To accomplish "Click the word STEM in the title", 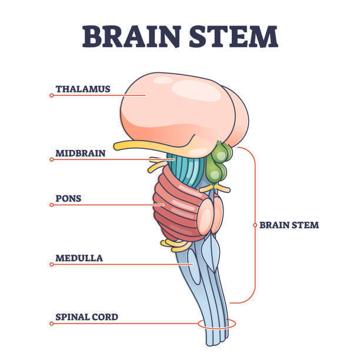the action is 234,36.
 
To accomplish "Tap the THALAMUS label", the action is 83,89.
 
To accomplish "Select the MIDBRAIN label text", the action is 81,153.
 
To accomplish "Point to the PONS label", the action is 68,198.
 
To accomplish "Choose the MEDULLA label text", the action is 79,258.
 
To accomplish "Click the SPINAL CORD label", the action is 87,317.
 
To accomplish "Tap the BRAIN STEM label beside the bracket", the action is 289,225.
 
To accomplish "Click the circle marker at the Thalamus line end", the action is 52,95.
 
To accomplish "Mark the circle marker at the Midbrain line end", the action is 52,159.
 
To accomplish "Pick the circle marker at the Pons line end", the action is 52,205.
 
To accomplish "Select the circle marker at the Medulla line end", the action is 52,265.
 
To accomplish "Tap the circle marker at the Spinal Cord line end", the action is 52,324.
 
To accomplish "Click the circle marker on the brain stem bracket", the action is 255,225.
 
